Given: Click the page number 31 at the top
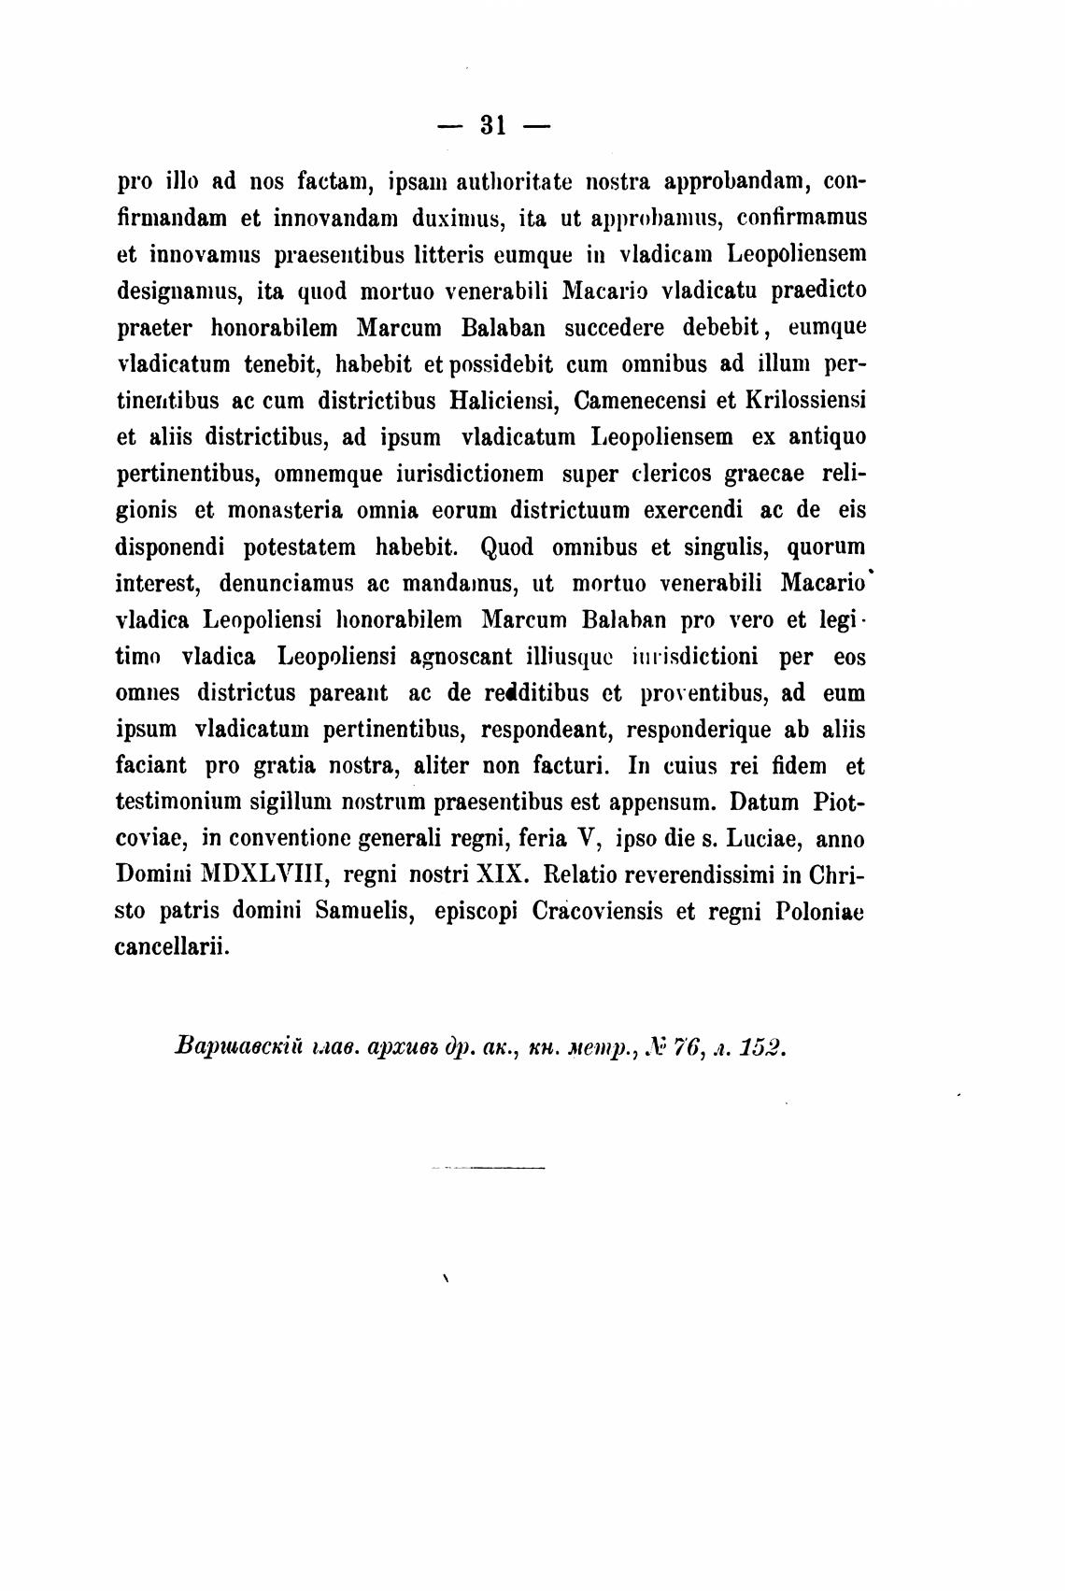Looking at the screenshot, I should click(492, 125).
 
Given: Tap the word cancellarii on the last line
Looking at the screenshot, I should click(171, 948).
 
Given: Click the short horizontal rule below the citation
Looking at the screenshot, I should click(489, 1168).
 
